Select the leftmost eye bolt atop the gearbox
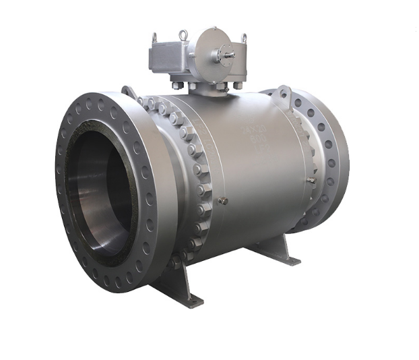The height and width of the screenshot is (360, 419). pyautogui.click(x=154, y=39)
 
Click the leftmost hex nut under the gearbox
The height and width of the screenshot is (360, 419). pyautogui.click(x=174, y=85)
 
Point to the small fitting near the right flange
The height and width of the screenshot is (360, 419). pyautogui.click(x=311, y=180)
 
